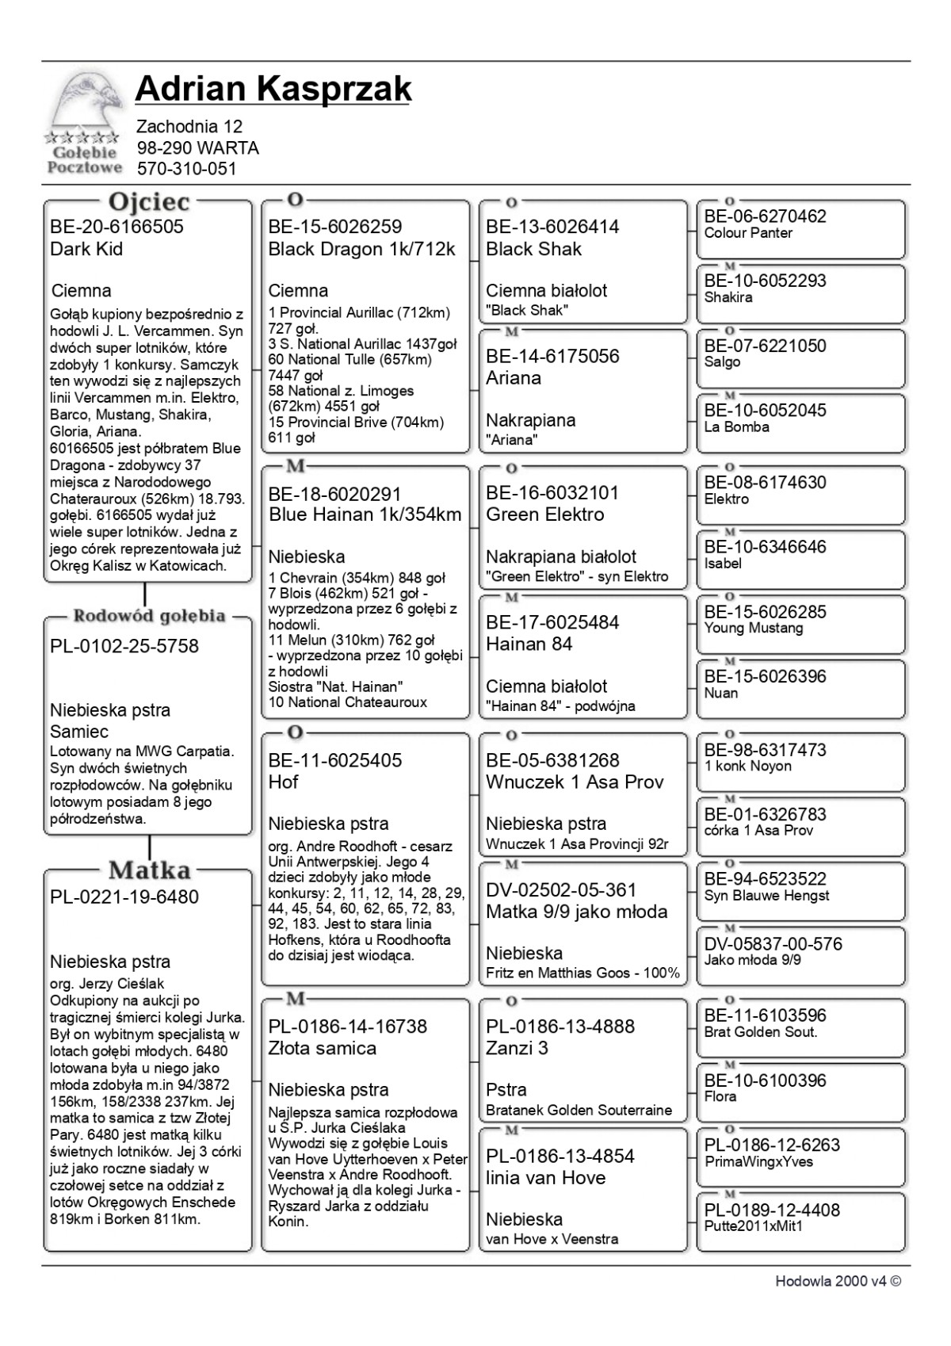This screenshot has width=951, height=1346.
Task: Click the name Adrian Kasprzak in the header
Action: click(x=273, y=89)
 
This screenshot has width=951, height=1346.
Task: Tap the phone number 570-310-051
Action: click(x=186, y=169)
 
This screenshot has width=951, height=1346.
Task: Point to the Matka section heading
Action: click(x=149, y=870)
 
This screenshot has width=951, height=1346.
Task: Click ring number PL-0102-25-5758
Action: click(x=124, y=646)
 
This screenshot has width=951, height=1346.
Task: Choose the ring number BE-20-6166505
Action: click(x=116, y=227)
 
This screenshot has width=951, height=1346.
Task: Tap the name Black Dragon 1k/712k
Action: click(x=361, y=249)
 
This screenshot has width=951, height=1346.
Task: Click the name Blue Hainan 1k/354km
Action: click(x=365, y=514)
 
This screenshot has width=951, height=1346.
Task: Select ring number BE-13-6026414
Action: click(x=552, y=227)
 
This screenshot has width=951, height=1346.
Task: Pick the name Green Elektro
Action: click(x=545, y=514)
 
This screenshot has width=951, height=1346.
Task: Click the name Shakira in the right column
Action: click(x=728, y=297)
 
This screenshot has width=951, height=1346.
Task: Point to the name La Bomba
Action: click(x=736, y=426)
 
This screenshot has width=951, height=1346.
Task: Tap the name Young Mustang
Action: click(x=754, y=628)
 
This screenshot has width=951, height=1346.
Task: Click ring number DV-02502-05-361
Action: click(x=561, y=890)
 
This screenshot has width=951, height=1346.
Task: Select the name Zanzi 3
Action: click(x=517, y=1048)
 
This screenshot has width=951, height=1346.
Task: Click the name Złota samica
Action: click(x=322, y=1048)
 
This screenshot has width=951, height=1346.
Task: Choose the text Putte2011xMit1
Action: click(x=753, y=1226)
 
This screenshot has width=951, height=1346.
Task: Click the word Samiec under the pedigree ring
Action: click(x=79, y=732)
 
